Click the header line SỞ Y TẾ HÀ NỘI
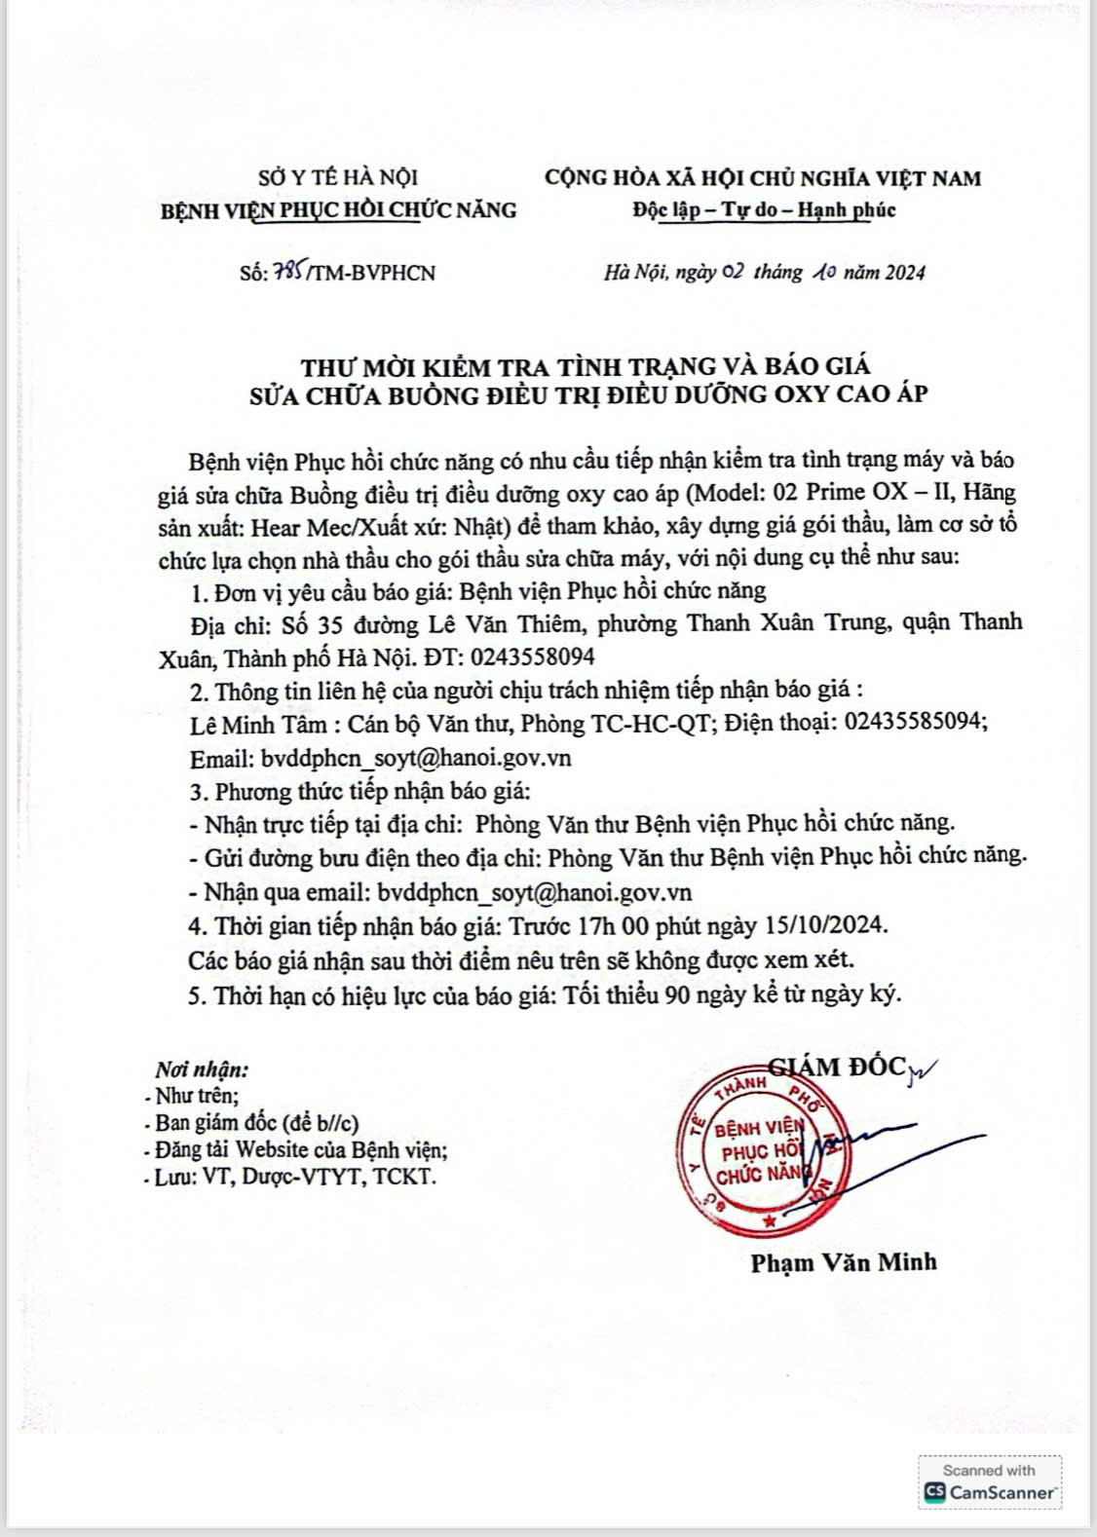338,177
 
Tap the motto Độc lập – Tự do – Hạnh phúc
763,209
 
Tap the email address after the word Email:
413,758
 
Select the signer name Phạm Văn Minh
843,1261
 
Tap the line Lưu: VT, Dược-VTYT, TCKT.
290,1177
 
